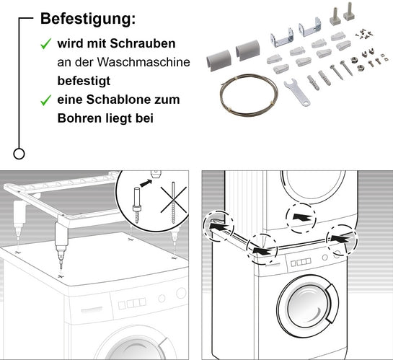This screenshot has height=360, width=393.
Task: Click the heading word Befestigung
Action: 87,19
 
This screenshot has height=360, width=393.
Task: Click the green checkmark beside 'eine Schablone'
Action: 45,100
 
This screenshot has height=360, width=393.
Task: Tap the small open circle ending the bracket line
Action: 19,153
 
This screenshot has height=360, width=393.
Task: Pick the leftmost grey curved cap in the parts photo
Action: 217,53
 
